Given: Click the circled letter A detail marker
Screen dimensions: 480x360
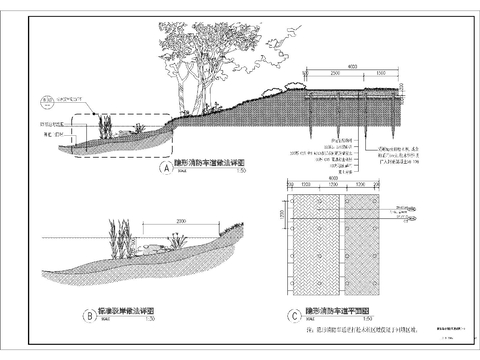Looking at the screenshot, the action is point(165,170).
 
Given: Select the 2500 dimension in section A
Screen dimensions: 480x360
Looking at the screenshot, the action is point(332,74).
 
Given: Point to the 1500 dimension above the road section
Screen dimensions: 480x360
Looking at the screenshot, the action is point(382,74).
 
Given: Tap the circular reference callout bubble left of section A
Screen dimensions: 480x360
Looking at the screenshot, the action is point(47,101).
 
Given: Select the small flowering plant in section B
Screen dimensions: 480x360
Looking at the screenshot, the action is point(178,240).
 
